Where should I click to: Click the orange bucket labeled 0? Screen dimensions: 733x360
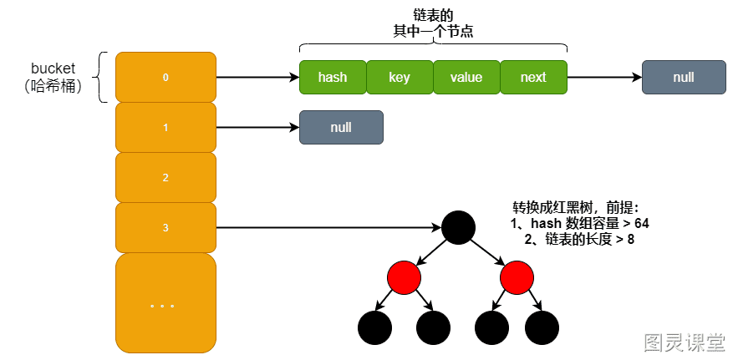point(166,77)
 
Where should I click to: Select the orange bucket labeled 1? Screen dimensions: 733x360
point(166,128)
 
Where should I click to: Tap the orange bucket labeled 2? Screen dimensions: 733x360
point(166,177)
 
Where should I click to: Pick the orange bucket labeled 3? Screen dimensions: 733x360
point(166,228)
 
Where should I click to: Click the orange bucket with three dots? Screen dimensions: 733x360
point(166,303)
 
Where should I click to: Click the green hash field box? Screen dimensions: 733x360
point(333,77)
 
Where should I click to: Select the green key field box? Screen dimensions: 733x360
point(400,77)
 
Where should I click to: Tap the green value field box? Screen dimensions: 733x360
point(466,77)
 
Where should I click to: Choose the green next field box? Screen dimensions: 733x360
point(533,77)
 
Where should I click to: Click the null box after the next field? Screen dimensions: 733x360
point(684,77)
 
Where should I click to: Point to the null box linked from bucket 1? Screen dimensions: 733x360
point(341,128)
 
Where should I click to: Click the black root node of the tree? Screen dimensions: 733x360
point(459,228)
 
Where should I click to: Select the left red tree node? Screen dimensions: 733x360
point(405,278)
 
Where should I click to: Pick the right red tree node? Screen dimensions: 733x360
point(517,278)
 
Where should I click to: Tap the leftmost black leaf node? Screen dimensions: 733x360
point(375,327)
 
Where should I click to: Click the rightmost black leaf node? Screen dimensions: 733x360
point(542,327)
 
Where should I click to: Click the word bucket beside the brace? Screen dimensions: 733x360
point(53,68)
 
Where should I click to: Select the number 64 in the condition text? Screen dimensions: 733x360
point(642,224)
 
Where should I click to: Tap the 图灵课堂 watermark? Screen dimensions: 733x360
point(685,342)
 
